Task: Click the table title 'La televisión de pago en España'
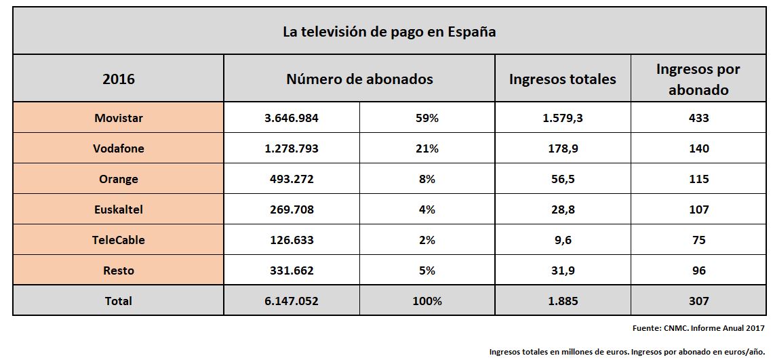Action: click(x=389, y=32)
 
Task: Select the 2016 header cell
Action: click(x=119, y=79)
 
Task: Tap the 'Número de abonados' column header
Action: click(x=359, y=79)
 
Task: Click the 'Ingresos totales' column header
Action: click(x=562, y=79)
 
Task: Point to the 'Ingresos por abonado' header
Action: click(x=698, y=79)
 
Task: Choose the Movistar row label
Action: click(x=119, y=118)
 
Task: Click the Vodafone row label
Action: click(x=119, y=148)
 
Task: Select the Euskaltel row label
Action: click(x=119, y=209)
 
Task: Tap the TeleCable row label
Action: click(x=119, y=240)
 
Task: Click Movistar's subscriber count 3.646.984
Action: click(x=292, y=118)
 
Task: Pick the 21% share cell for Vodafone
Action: click(x=427, y=148)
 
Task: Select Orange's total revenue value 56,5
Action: click(x=562, y=179)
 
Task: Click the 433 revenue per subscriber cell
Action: click(x=698, y=118)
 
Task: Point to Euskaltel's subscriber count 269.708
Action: click(x=292, y=209)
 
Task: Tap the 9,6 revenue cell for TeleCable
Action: click(x=562, y=240)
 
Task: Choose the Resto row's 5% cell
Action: click(x=427, y=271)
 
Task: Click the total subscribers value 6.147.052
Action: click(x=292, y=301)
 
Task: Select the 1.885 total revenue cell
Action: click(x=562, y=301)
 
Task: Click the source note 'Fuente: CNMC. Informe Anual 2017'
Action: click(x=698, y=328)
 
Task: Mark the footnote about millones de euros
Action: click(x=627, y=352)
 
